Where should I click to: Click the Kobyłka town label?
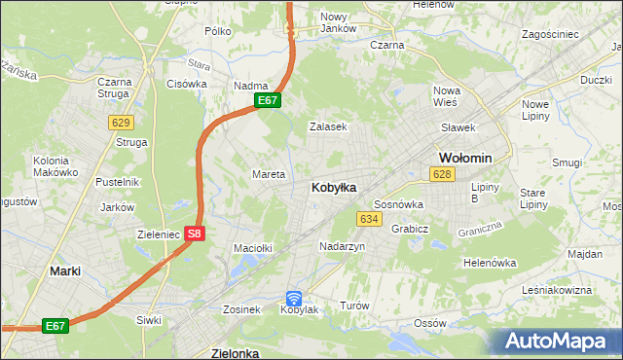[x=333, y=187]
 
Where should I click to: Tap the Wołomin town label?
[x=465, y=158]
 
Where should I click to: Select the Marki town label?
[x=65, y=271]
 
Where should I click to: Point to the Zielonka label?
[x=235, y=353]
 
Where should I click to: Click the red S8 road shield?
[x=195, y=234]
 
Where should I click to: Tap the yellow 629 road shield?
[x=121, y=122]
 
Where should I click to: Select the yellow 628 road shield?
[x=442, y=173]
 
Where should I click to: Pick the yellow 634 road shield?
[x=368, y=219]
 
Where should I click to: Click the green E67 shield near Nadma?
[x=269, y=100]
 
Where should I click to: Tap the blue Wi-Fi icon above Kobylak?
[x=295, y=299]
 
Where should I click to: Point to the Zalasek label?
[x=328, y=126]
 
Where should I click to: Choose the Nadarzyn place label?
[x=342, y=247]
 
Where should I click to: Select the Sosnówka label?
[x=398, y=204]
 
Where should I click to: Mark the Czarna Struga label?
[x=114, y=89]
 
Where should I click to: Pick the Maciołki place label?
[x=252, y=248]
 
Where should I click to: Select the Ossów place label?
[x=429, y=323]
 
